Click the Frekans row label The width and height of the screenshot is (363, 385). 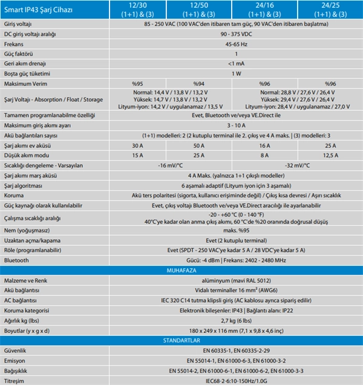tap(15, 44)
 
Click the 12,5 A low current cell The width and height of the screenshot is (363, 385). tap(330, 155)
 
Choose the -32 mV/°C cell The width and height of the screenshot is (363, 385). tap(296, 165)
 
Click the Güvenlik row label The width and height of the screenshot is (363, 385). tap(16, 350)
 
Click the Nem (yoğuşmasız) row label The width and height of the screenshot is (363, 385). tap(28, 230)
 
